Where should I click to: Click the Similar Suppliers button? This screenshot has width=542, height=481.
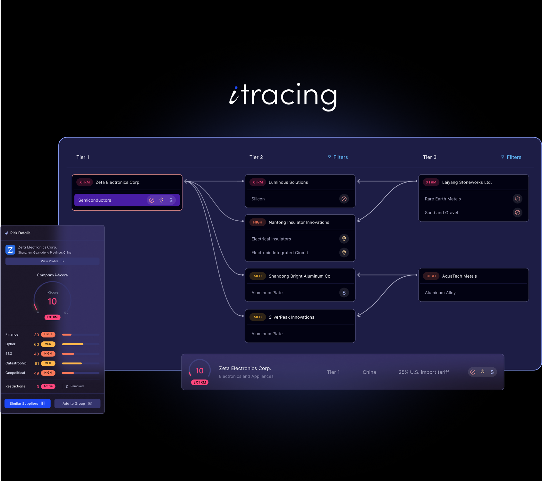[28, 404]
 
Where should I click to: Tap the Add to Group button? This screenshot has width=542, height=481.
[77, 404]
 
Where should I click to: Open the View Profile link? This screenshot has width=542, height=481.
[52, 261]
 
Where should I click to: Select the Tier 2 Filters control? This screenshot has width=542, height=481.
[338, 157]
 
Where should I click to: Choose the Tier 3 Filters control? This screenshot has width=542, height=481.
[511, 157]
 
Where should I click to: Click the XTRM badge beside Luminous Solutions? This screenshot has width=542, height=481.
[258, 182]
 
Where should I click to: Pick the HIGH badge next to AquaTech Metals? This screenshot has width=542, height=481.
[431, 276]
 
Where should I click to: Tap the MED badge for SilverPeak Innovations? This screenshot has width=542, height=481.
[258, 317]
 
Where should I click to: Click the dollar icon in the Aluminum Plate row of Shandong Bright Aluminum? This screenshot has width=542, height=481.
[344, 293]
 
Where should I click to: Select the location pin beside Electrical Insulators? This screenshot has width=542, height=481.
[344, 239]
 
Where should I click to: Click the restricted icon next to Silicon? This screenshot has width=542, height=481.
[344, 199]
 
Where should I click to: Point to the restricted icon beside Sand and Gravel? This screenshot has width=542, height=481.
[518, 213]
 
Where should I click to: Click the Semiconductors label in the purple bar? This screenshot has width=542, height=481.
[95, 200]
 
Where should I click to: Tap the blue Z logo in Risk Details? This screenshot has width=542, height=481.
[10, 250]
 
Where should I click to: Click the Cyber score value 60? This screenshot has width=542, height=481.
[37, 345]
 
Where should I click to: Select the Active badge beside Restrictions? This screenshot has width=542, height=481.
[48, 386]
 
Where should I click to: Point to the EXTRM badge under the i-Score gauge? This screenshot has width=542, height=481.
[52, 317]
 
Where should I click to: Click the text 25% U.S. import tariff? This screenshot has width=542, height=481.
[424, 372]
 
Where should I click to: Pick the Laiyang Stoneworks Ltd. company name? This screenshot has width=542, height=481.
[467, 182]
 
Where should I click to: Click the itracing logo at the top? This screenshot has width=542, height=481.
[283, 96]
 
